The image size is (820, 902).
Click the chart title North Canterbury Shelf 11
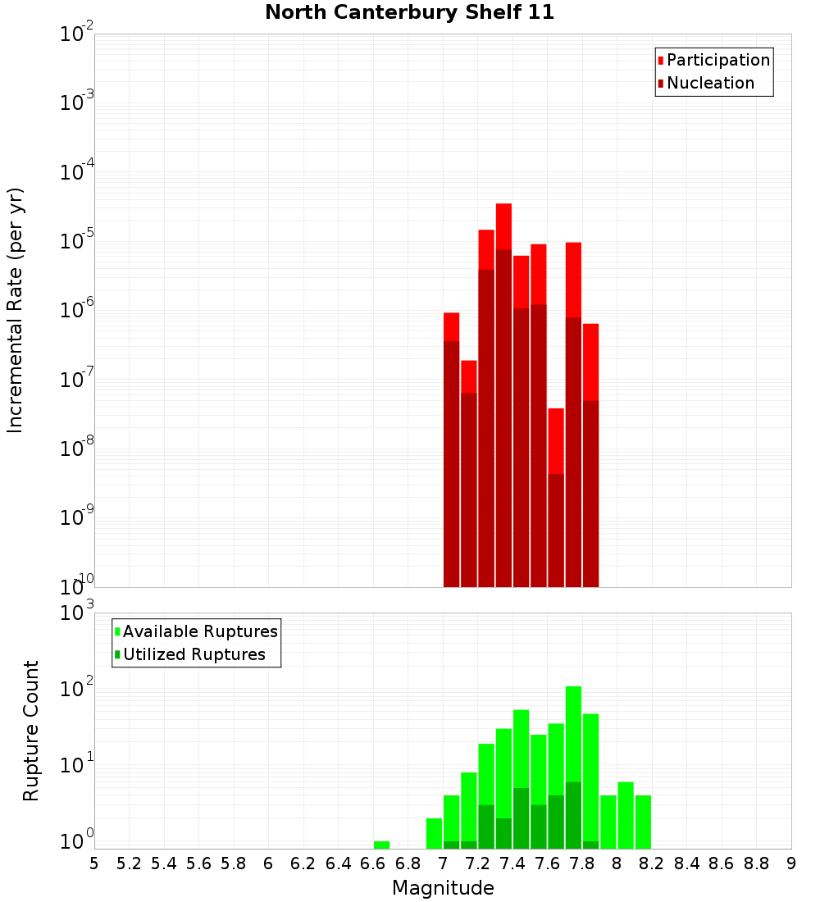coord(409,13)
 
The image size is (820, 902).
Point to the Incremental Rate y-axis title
coord(16,311)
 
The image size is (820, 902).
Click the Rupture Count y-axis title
coord(31,731)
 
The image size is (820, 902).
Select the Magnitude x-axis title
coord(443,888)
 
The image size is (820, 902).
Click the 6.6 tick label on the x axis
coord(373,863)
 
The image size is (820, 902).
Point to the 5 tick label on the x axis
coord(94,863)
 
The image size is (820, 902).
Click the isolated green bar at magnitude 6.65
coord(381,845)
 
